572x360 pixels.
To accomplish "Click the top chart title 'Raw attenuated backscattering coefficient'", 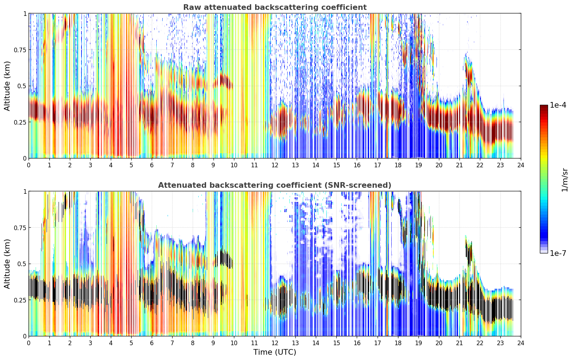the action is point(275,7).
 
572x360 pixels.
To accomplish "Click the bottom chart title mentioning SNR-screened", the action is point(275,185).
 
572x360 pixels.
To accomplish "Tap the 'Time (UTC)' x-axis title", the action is point(275,352).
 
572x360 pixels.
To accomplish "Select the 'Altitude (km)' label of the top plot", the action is point(7,86).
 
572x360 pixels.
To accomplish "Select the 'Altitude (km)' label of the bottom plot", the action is point(7,264).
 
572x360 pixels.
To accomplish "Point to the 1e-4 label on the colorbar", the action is point(558,105).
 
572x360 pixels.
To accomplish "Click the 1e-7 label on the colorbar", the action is point(558,253).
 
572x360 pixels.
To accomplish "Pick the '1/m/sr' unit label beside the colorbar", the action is point(565,180).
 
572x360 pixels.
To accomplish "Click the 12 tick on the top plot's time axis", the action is point(275,165).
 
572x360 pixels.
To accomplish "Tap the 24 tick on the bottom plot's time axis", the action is point(521,343).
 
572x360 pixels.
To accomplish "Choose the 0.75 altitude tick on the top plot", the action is point(20,50).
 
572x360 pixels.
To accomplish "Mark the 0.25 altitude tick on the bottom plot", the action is point(20,300).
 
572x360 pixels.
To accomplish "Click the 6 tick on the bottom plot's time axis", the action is point(152,343).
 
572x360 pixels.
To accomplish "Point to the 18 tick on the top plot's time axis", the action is point(398,165).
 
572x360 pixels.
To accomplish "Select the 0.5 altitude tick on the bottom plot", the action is point(22,264).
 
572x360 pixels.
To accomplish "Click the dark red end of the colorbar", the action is point(544,107).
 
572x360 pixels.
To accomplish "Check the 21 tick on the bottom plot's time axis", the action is point(459,343).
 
